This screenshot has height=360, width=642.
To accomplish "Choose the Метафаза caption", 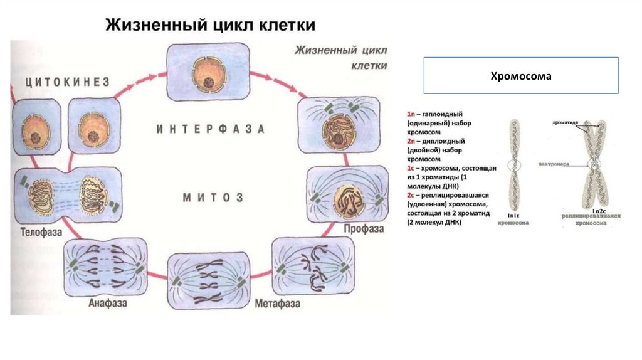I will coord(277,304).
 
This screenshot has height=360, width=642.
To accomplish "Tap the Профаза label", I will coord(362,229).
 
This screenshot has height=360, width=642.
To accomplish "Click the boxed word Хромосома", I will coord(520,76).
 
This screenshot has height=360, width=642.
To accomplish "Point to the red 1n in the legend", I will coord(411,115).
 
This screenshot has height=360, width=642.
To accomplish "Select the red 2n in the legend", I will coord(411,142).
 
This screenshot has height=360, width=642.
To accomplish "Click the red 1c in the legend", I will coord(411,169).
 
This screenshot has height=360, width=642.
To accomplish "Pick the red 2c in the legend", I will coord(411,196).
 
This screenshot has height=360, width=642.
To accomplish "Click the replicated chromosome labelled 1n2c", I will coord(593,166).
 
